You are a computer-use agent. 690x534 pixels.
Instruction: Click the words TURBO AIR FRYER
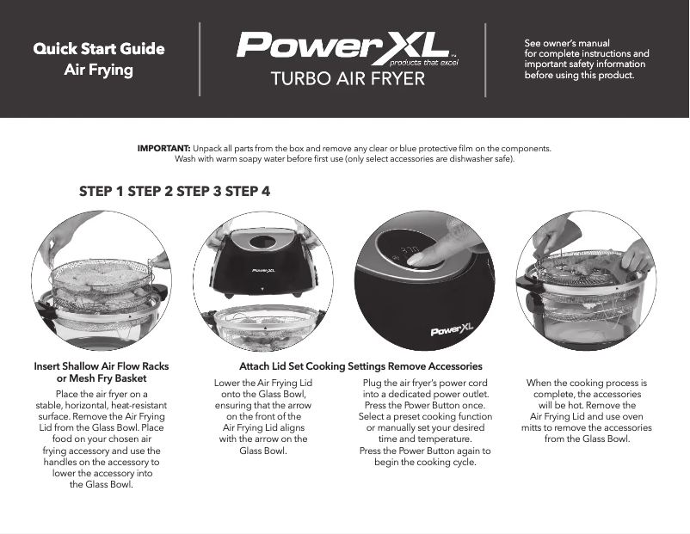(348, 80)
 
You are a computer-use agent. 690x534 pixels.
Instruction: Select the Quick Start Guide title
(99, 48)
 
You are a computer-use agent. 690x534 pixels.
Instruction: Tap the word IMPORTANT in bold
(163, 148)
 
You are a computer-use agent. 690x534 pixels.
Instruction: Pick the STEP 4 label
(248, 191)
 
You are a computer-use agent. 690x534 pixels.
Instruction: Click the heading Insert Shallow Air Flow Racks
(101, 366)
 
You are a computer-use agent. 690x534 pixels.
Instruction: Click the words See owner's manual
(567, 43)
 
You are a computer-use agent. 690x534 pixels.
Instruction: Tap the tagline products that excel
(419, 63)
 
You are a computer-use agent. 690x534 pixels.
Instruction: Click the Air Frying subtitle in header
(99, 69)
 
